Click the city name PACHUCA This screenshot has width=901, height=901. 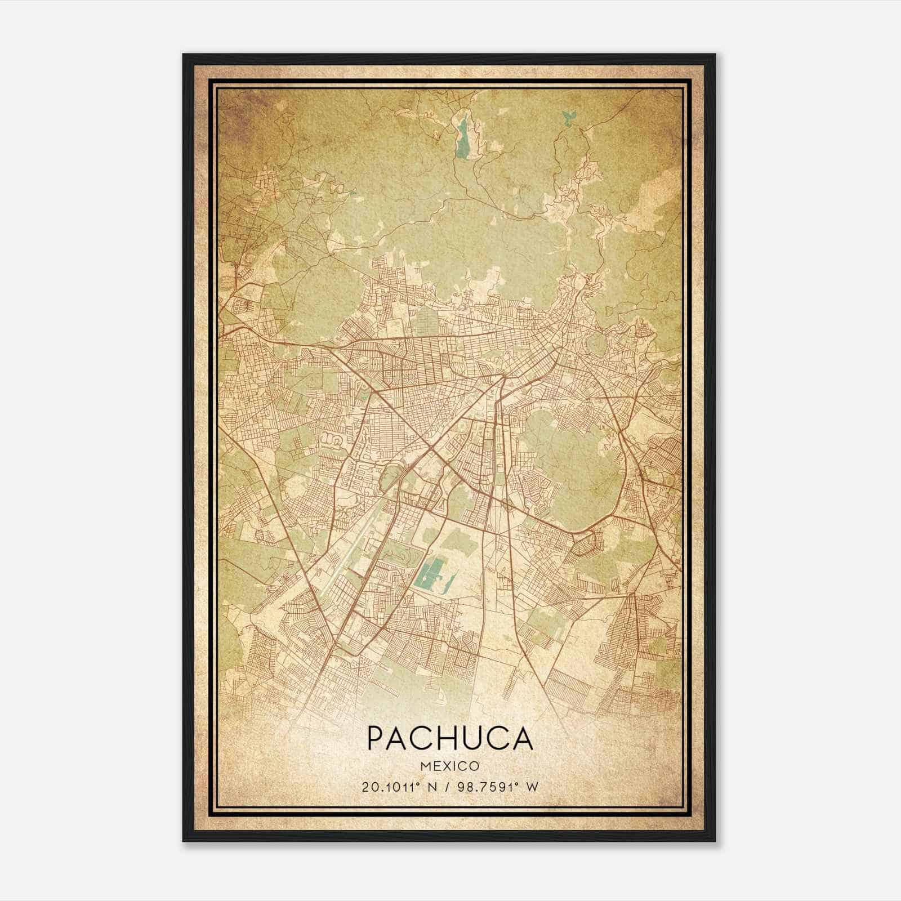pos(450,738)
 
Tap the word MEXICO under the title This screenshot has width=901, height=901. pos(450,766)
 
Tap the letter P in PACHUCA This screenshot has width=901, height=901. pos(377,738)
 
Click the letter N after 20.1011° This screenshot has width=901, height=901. pos(432,787)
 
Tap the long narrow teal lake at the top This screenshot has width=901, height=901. pos(462,138)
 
